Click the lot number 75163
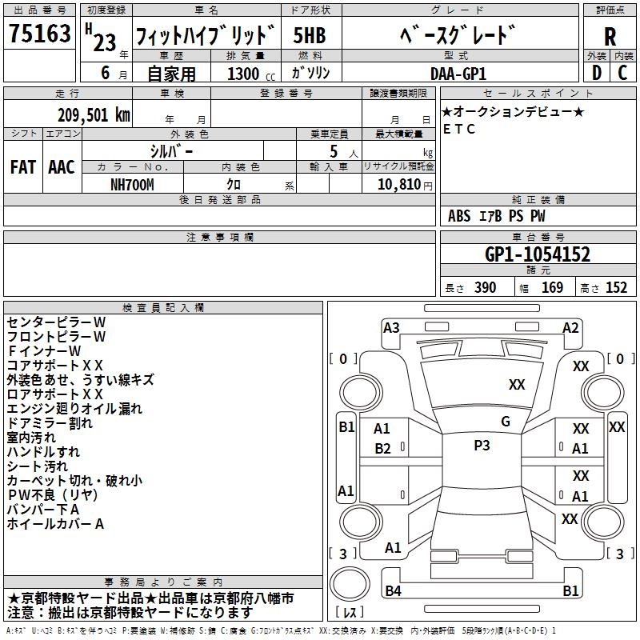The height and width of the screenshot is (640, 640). click(40, 35)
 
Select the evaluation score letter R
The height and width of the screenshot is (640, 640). click(610, 36)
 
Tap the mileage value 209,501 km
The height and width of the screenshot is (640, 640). click(94, 114)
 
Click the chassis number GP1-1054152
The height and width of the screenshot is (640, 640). click(538, 254)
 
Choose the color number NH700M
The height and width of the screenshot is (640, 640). click(133, 184)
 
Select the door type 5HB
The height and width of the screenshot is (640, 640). click(309, 35)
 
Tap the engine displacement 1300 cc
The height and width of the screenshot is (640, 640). click(248, 74)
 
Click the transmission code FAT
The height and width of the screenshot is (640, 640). click(22, 166)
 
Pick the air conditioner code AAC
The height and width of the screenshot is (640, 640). click(62, 166)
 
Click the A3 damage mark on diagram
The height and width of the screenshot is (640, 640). click(391, 327)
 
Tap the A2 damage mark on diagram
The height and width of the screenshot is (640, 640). click(570, 327)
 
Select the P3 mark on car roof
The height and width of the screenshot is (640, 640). click(482, 446)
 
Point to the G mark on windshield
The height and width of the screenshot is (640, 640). click(505, 422)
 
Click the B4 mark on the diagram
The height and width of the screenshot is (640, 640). click(394, 590)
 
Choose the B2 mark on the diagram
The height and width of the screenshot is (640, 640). click(382, 449)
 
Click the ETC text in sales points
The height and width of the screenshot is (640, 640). click(459, 129)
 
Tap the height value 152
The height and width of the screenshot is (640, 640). click(616, 288)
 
